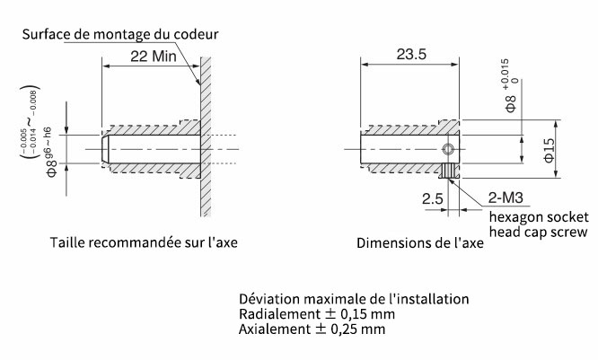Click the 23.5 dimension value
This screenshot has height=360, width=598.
point(409,54)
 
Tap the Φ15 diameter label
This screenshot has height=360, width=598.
point(550,147)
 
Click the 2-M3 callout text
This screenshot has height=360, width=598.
point(507,198)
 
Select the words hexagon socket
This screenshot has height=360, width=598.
point(538,216)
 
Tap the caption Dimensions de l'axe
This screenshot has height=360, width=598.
point(420,243)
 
